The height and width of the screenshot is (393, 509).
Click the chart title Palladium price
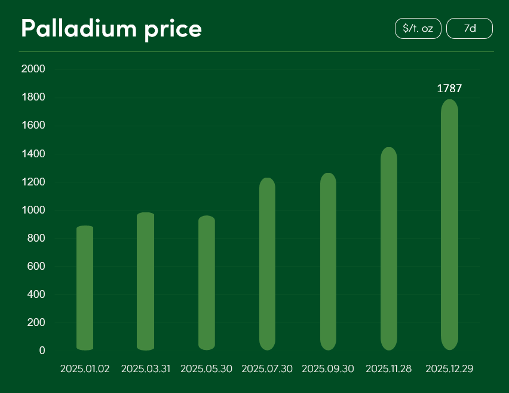[111, 28]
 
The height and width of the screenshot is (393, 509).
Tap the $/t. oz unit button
[418, 28]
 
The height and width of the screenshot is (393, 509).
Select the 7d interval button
[470, 28]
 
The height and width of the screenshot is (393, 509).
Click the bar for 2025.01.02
[85, 288]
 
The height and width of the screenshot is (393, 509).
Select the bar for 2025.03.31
[146, 281]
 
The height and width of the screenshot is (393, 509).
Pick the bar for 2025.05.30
[207, 283]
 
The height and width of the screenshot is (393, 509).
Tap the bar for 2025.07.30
[267, 264]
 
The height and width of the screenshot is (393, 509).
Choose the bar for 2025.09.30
[328, 261]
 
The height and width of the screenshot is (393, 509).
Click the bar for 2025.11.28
[389, 248]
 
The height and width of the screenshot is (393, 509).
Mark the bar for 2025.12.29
[449, 224]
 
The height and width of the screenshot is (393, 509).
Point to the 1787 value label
[449, 89]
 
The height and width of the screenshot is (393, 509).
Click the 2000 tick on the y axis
[33, 69]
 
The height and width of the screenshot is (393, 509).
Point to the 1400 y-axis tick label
[33, 154]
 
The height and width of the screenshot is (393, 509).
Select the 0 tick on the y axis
[42, 351]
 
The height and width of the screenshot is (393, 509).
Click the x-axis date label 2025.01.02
[85, 369]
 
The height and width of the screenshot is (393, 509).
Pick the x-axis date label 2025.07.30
[267, 369]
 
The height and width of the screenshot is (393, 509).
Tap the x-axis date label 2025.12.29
[449, 369]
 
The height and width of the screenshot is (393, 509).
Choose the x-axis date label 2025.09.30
[328, 369]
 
